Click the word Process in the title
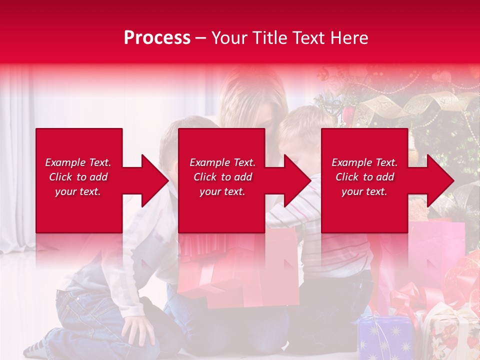point(157,38)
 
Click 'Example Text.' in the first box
point(78,162)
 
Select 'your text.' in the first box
point(78,191)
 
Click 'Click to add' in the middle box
point(222,177)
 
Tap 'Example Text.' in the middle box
point(222,162)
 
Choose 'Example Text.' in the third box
point(364,162)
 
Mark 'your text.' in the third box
point(364,191)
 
